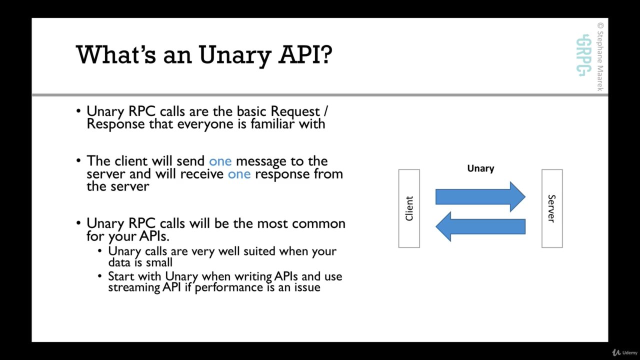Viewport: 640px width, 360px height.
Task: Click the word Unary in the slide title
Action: point(235,55)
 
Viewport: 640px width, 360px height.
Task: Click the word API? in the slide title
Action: point(305,54)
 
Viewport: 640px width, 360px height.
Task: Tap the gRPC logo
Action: point(583,55)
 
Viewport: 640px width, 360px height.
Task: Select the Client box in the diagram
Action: point(409,208)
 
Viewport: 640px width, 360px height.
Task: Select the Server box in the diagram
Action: point(552,208)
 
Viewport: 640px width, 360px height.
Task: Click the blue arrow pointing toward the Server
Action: point(480,196)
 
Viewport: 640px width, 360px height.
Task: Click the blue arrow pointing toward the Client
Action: point(480,226)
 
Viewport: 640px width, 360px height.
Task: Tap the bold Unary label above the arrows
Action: point(480,168)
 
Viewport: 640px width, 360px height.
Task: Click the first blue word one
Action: point(220,161)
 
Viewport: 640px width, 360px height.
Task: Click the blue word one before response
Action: point(239,174)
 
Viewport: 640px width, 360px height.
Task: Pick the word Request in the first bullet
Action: point(295,111)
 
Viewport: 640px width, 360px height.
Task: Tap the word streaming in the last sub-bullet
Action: point(134,287)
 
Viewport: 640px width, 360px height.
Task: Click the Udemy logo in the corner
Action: point(624,352)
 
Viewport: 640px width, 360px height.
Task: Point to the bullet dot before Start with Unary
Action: point(99,276)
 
